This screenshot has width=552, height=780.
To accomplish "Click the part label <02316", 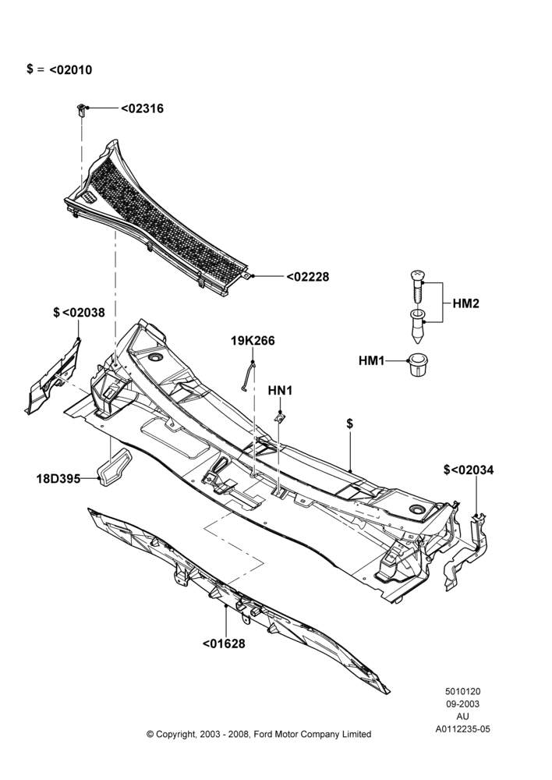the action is coord(142,108).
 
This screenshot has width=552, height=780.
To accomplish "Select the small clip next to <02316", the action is coord(81,109).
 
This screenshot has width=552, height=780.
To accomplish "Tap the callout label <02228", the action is coord(308,277).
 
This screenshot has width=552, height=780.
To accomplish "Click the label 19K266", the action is coord(253,341).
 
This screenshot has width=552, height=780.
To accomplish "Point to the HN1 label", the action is coord(280,391).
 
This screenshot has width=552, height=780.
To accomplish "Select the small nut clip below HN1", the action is coord(281,418).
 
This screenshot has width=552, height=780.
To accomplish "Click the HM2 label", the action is coord(466,303).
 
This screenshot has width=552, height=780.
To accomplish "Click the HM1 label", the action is coord(371,360).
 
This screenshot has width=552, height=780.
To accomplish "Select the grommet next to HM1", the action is coord(418,364).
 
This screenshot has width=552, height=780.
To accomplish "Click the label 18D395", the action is coord(58,479).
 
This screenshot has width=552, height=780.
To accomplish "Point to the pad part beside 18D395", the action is coord(114,466).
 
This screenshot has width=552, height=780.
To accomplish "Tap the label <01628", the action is coord(224,643).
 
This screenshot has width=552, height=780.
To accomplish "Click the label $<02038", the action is coord(79,313).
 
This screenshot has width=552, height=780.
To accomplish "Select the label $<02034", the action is coord(469,470).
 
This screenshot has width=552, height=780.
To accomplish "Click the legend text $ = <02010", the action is coord(59,69).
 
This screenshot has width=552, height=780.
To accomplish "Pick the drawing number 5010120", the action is coord(462,691).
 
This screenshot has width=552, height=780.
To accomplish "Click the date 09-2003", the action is coord(462,704).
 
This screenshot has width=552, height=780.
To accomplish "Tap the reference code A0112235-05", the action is coord(462,729).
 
